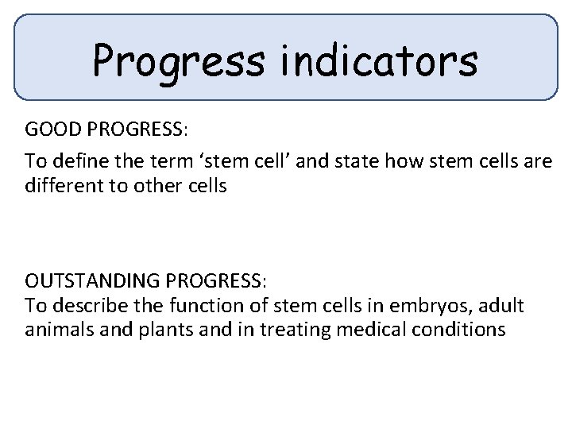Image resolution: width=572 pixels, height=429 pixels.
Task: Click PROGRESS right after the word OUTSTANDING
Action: (215, 282)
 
